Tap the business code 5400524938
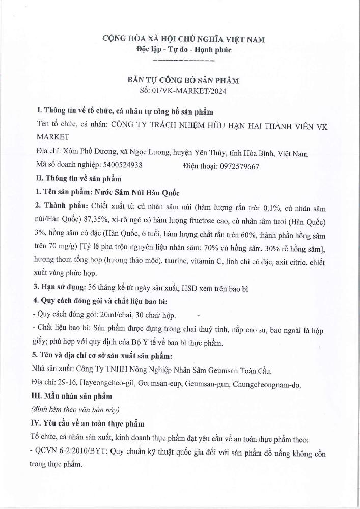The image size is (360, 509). pyautogui.click(x=122, y=165)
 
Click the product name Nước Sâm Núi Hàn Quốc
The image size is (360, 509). pyautogui.click(x=135, y=193)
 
